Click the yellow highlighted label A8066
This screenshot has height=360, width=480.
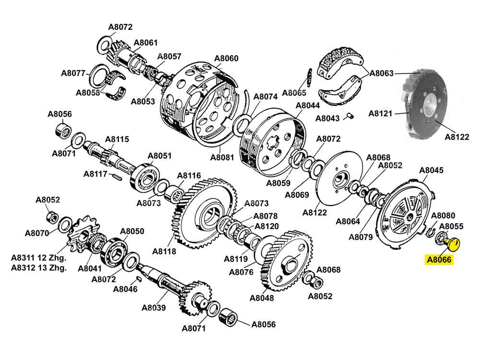(439, 260)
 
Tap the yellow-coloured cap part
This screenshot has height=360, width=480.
(452, 244)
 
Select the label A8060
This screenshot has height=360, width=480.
(226, 59)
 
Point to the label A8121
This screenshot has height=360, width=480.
(380, 114)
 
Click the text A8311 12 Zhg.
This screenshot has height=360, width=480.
(38, 258)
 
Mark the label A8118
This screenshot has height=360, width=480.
(164, 251)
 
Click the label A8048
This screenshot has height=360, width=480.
(262, 298)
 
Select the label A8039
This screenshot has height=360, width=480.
(154, 308)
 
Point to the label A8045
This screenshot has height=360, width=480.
(431, 170)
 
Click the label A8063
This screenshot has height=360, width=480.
(382, 73)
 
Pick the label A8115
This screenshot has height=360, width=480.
(117, 139)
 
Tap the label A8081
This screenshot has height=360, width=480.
(222, 157)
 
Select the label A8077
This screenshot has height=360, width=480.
(73, 73)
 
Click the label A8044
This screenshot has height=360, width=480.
(308, 105)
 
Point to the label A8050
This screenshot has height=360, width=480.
(132, 231)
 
